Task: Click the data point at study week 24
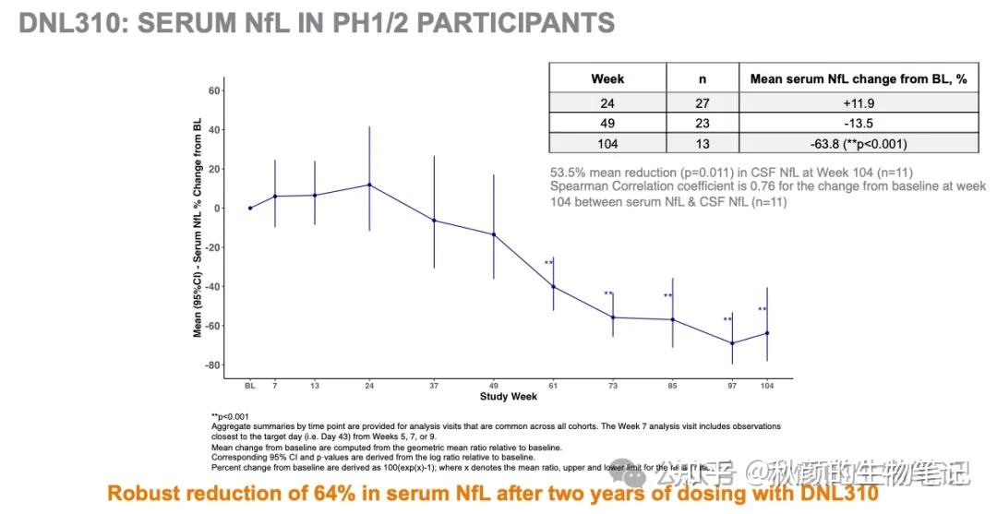tap(369, 185)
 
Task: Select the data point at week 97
tap(732, 343)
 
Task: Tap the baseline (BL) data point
tap(249, 208)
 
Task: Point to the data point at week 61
tap(553, 286)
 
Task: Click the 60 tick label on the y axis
tap(213, 90)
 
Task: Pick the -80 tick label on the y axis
tap(211, 365)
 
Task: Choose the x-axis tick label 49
tap(493, 385)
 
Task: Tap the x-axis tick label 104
tap(766, 385)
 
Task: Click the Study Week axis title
tap(508, 397)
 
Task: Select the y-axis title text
tap(198, 227)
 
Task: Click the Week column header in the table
tap(607, 78)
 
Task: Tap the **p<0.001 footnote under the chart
tap(230, 416)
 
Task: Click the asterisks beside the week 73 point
tap(608, 294)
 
